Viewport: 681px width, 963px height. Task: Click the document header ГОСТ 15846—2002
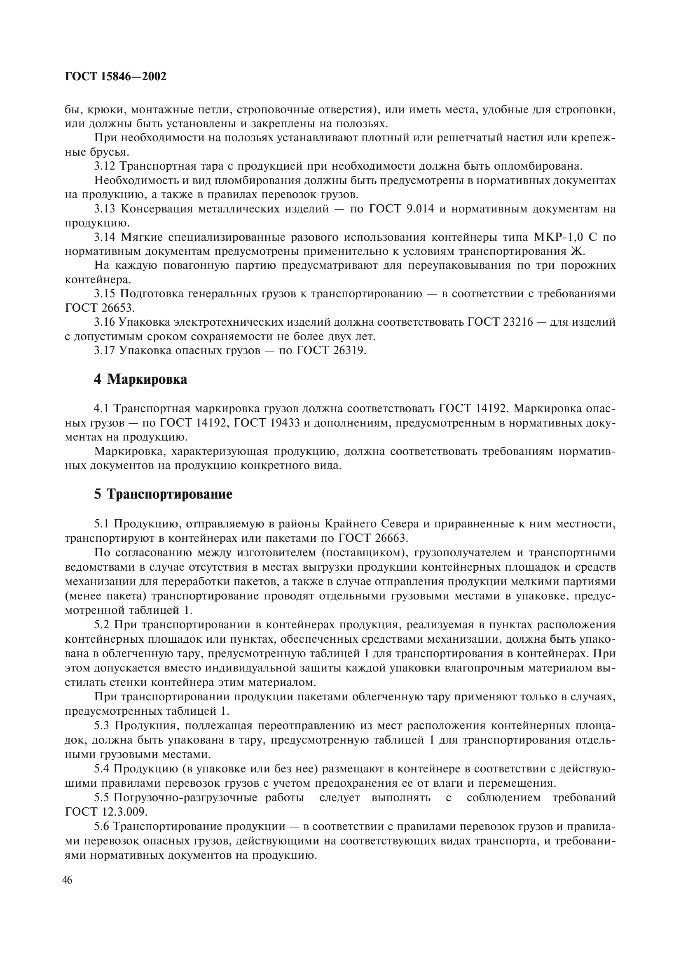tap(116, 77)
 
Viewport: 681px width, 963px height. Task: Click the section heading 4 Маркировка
tap(140, 379)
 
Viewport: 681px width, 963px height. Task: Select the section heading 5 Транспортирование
tap(163, 494)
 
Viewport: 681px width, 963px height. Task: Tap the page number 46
tap(67, 880)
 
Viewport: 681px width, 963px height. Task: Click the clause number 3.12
tap(105, 166)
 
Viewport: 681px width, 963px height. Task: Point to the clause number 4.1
tap(101, 408)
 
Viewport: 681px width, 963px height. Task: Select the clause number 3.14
tap(105, 238)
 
